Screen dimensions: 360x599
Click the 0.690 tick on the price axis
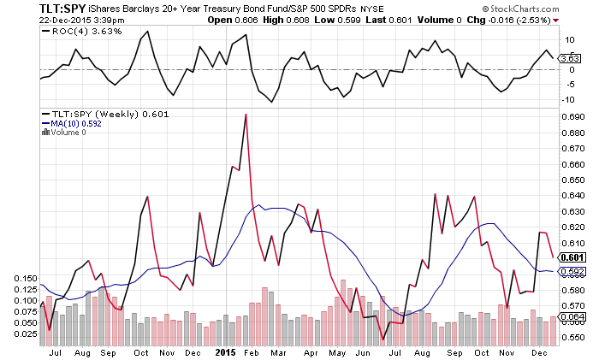tap(571, 115)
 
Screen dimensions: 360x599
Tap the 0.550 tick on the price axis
tap(571, 336)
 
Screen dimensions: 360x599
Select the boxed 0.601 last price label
tap(572, 257)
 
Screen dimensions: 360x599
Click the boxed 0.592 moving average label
tap(572, 271)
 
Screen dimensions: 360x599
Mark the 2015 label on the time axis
tap(225, 351)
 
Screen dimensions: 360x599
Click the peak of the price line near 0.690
tap(246, 115)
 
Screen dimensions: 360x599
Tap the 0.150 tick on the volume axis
tap(27, 279)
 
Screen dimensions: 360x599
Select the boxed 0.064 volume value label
tap(572, 317)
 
